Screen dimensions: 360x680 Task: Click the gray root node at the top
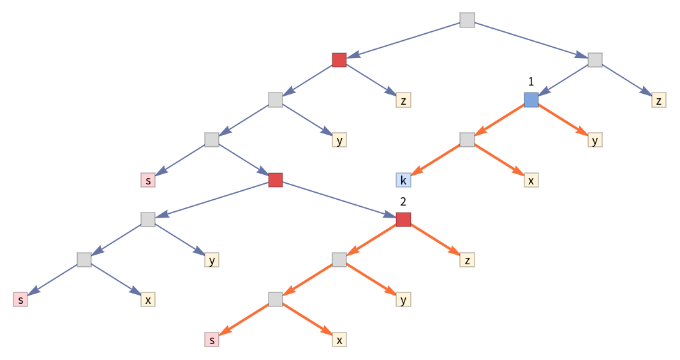(x=467, y=20)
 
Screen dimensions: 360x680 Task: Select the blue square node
(x=531, y=100)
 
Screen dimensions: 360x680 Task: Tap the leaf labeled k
(x=403, y=180)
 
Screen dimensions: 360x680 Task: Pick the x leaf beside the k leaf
(x=531, y=180)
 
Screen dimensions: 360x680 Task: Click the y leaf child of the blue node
(x=595, y=140)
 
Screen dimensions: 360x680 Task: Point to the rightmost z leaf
(x=658, y=100)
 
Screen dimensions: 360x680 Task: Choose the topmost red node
(x=339, y=60)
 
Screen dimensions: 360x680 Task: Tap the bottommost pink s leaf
(x=212, y=340)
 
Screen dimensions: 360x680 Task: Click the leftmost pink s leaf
(x=20, y=299)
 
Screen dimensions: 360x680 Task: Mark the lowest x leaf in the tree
(x=339, y=340)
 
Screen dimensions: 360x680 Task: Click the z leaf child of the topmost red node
(x=403, y=100)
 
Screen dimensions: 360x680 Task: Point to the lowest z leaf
(x=467, y=260)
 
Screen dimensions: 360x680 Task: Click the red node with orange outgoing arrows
(x=403, y=220)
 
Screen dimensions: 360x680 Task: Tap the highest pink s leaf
(x=148, y=180)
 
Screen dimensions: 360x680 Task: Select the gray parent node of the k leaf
(x=467, y=140)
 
